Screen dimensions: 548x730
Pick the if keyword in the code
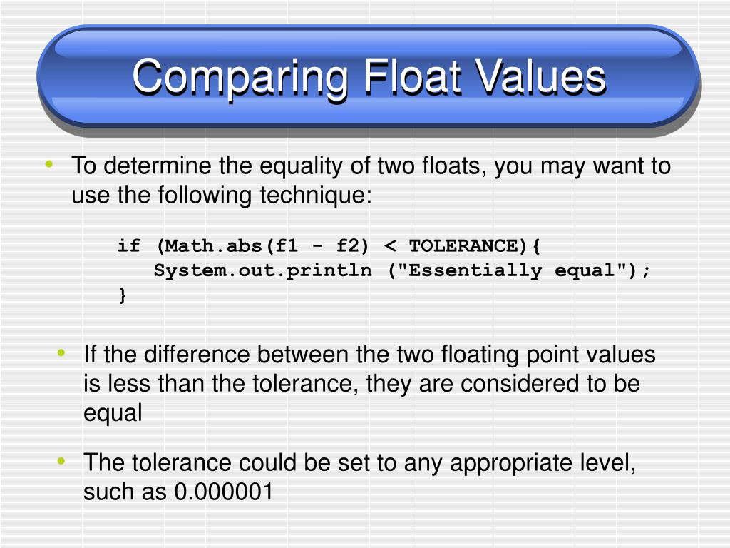129,246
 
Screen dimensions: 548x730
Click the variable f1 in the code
287,246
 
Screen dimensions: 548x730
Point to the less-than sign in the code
390,246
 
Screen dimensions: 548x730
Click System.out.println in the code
263,271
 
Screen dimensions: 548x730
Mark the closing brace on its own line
123,295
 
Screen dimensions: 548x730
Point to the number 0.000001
223,492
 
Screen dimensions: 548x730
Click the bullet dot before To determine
48,166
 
